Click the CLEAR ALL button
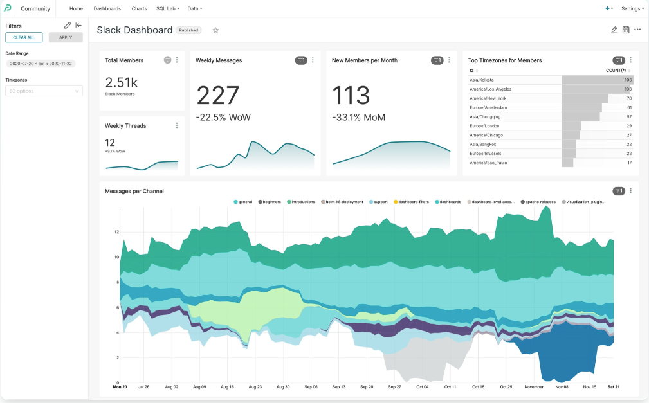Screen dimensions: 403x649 tap(24, 37)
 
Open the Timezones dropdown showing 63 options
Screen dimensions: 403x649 tap(44, 91)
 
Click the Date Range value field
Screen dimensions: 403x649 tap(41, 64)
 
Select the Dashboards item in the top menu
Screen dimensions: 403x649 tap(107, 8)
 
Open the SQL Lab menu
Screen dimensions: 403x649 tap(167, 8)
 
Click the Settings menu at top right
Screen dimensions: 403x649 tap(632, 8)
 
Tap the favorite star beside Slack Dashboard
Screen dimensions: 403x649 tap(215, 30)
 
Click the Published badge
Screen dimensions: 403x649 tap(188, 30)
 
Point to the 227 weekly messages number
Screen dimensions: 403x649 tap(217, 96)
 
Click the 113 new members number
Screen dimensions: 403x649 tap(351, 96)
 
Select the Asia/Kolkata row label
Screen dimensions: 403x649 tap(482, 80)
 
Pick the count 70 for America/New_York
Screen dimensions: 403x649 tap(629, 98)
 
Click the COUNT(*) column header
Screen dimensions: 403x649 tap(616, 70)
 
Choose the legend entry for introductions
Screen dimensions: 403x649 tap(302, 202)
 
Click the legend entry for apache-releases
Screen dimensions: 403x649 tap(539, 202)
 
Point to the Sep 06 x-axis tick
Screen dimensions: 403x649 tap(311, 387)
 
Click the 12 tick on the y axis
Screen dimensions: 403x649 tap(116, 231)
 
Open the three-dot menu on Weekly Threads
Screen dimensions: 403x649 tap(177, 125)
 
